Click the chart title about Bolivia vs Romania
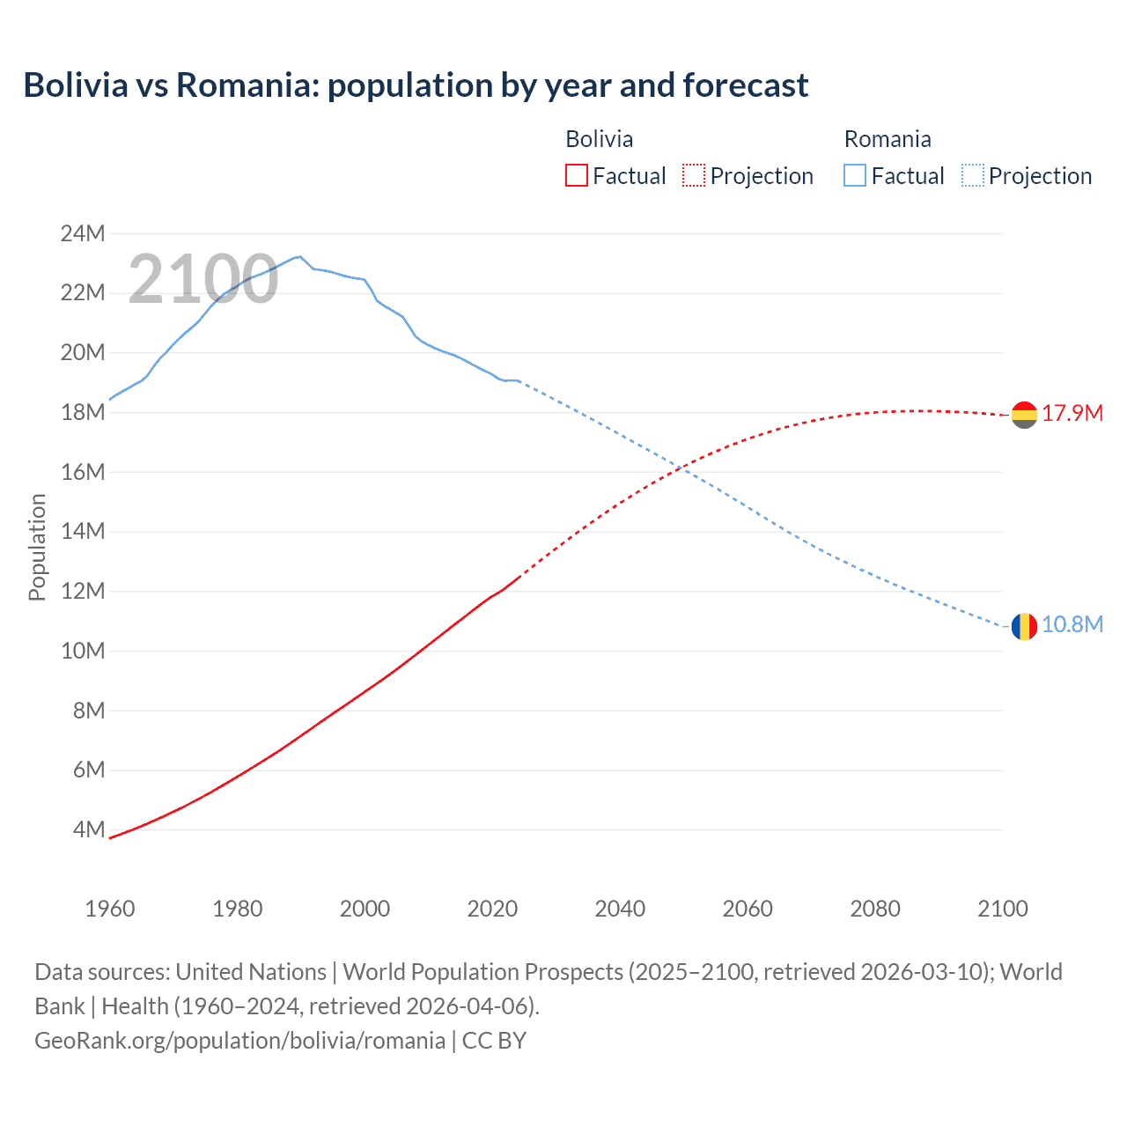pyautogui.click(x=416, y=85)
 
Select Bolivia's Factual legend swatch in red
pyautogui.click(x=576, y=175)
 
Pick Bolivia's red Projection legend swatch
pyautogui.click(x=694, y=175)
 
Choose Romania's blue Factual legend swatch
pyautogui.click(x=855, y=175)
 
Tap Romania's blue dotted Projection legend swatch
pyautogui.click(x=972, y=175)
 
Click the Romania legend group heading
pyautogui.click(x=887, y=139)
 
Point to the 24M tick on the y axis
pyautogui.click(x=83, y=233)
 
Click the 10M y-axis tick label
pyautogui.click(x=83, y=651)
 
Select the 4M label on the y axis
pyautogui.click(x=88, y=829)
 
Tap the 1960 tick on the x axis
pyautogui.click(x=110, y=909)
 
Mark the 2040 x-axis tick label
pyautogui.click(x=620, y=909)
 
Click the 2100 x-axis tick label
pyautogui.click(x=1002, y=909)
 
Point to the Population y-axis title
pyautogui.click(x=37, y=547)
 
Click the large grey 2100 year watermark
pyautogui.click(x=203, y=279)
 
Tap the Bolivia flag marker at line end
pyautogui.click(x=1024, y=415)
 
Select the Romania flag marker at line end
pyautogui.click(x=1024, y=626)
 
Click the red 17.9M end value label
pyautogui.click(x=1072, y=413)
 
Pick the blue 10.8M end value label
pyautogui.click(x=1072, y=624)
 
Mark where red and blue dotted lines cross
pyautogui.click(x=681, y=468)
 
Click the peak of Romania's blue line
pyautogui.click(x=300, y=256)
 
